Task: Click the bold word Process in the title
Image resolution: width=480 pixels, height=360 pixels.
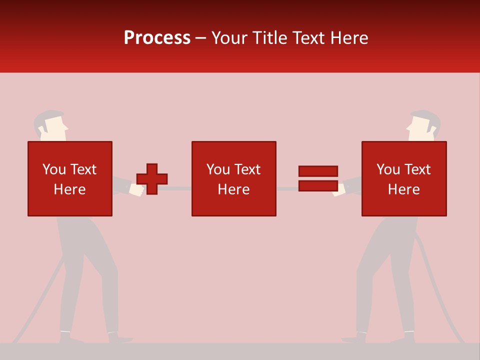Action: tap(157, 38)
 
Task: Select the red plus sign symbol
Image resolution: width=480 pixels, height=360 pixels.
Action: tap(152, 179)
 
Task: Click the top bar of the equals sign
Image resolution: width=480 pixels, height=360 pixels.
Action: tap(318, 171)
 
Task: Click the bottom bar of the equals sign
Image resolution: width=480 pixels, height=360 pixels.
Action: tap(318, 185)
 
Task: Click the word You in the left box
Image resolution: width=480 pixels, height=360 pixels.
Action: tap(54, 169)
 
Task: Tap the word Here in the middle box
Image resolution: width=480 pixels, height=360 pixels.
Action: tap(233, 189)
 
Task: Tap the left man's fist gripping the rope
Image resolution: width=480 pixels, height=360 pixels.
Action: tap(136, 189)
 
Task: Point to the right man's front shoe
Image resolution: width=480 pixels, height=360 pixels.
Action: tap(354, 339)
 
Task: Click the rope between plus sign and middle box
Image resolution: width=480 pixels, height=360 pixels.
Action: tap(179, 188)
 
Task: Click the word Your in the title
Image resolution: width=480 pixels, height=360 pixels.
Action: tap(230, 38)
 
